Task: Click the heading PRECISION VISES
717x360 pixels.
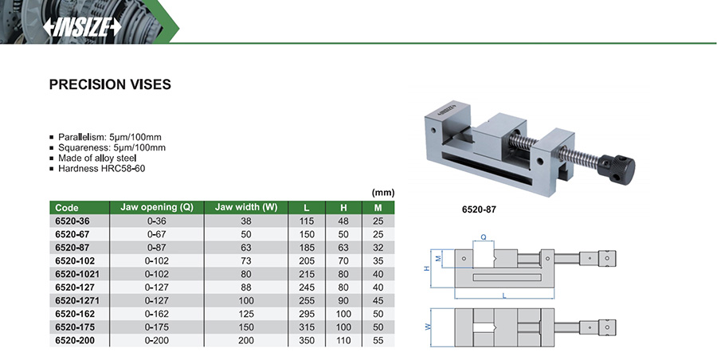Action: [x=110, y=84]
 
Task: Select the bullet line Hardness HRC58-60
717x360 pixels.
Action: [x=102, y=169]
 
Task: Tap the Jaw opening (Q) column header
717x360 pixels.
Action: [x=156, y=207]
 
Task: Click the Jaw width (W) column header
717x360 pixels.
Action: [x=245, y=207]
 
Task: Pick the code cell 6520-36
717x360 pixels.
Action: [x=71, y=221]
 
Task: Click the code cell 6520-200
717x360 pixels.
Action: [x=73, y=340]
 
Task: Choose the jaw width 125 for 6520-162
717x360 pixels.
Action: [x=245, y=314]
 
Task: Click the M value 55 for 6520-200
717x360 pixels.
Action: [x=378, y=340]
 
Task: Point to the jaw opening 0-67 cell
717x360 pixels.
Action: [x=156, y=234]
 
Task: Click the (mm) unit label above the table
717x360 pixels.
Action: [x=383, y=193]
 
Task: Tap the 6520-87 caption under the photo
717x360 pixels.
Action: [x=480, y=211]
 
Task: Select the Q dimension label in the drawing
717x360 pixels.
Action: [x=483, y=237]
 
